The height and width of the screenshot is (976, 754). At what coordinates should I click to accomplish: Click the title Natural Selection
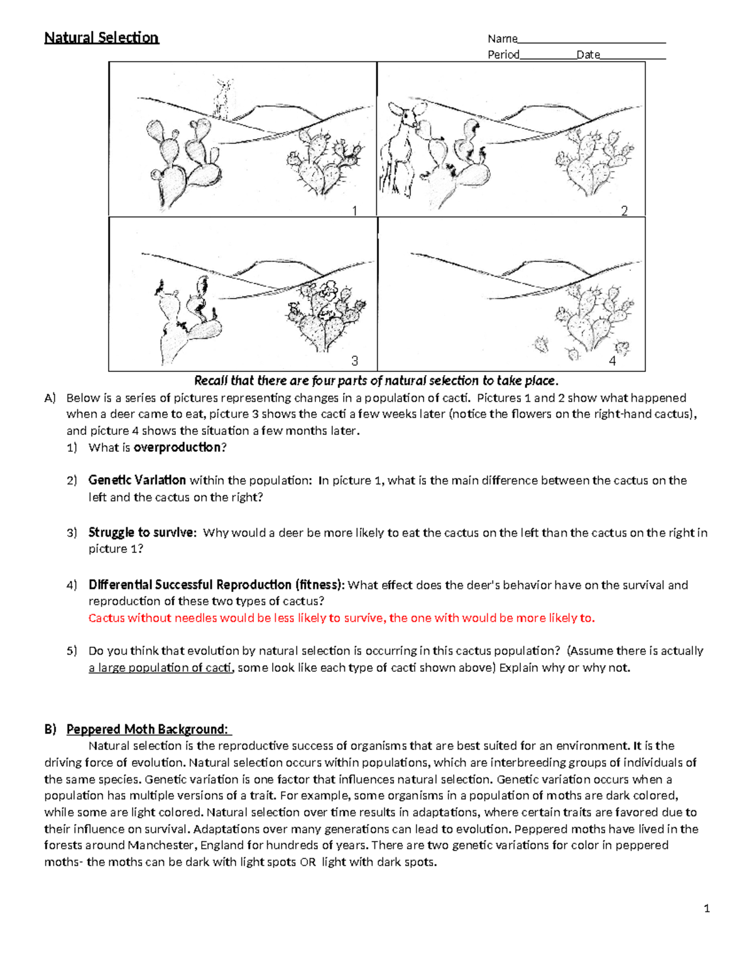(101, 38)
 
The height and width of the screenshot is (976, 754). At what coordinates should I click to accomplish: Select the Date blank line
(633, 58)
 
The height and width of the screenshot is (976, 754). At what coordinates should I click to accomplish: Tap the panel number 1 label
(355, 211)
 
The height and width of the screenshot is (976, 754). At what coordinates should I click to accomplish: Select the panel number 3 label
(355, 361)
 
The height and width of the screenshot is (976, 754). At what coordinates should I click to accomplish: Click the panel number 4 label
(612, 361)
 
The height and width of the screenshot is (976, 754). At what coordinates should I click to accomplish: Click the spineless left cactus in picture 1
(182, 154)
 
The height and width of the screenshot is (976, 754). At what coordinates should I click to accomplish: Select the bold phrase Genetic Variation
(137, 480)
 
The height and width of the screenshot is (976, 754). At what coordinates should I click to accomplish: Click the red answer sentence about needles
(341, 618)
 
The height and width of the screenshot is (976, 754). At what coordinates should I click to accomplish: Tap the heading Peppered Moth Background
(148, 729)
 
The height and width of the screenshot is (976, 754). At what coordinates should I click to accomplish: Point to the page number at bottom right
(707, 908)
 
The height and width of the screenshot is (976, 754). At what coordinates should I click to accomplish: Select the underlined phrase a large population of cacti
(161, 667)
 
